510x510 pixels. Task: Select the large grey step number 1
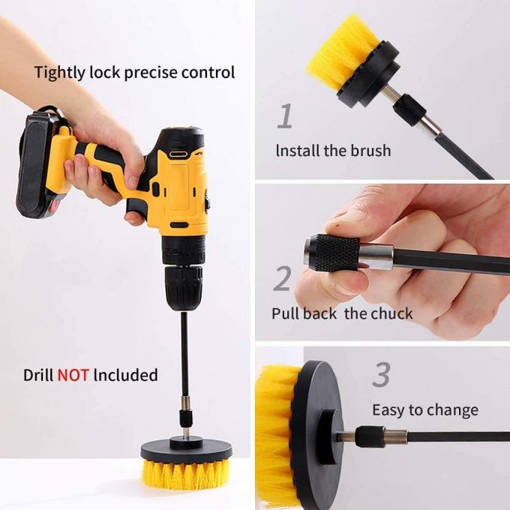tap(285, 116)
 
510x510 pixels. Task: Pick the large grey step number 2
tap(282, 278)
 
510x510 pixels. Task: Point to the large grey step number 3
tap(382, 375)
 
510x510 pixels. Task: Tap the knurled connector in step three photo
tap(369, 436)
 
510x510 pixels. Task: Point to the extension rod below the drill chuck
tap(184, 360)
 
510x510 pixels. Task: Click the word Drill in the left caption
tap(37, 374)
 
